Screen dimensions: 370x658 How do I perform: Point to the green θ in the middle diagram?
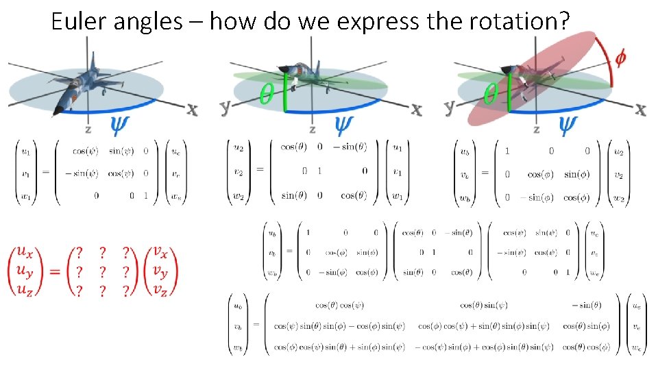268,94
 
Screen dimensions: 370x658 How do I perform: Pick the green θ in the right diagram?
491,94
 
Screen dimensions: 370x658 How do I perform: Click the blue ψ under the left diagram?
119,124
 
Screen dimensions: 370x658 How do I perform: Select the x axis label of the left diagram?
193,110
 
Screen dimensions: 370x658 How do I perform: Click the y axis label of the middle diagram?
225,107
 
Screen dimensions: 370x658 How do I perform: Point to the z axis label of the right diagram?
536,129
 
